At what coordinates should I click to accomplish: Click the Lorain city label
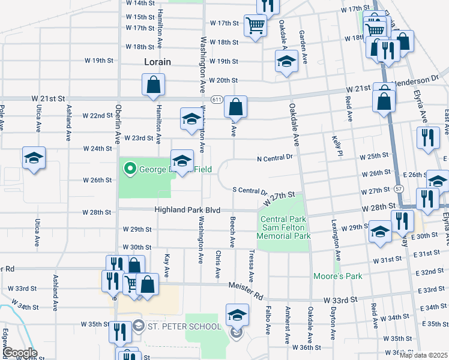click(157, 62)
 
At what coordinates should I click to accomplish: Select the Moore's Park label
click(330, 277)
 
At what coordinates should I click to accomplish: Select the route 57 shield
click(399, 188)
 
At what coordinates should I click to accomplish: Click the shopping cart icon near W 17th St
click(256, 26)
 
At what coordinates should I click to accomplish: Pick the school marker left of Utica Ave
click(34, 158)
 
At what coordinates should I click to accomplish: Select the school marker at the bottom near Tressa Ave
click(237, 315)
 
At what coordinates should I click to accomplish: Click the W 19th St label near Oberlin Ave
click(98, 61)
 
